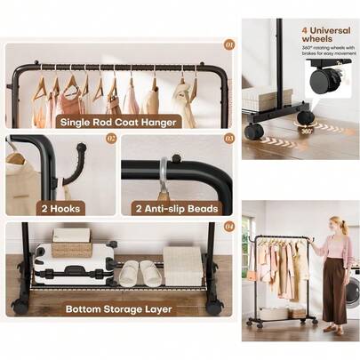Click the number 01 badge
pos(228,43)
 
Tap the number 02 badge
pos(111,139)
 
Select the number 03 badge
pos(228,139)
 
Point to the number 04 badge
pos(228,226)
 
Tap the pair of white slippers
pos(140,274)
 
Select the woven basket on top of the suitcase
pos(71,236)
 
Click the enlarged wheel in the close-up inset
pos(323,81)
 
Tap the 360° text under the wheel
pos(305,130)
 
